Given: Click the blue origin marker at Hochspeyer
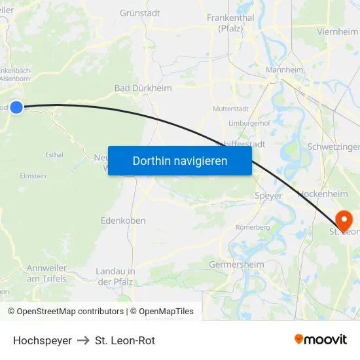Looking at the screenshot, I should pos(16,107).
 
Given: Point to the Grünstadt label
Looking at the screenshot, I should pos(140,12).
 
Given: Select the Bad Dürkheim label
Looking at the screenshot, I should pos(143,88).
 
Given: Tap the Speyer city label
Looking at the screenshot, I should pos(268,196).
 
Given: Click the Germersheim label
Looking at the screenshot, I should pos(236,264).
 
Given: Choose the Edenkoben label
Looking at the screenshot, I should pos(123,221).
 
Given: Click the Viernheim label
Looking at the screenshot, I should pos(337,31).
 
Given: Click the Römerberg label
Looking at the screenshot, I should pos(251,227).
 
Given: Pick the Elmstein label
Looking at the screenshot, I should pos(33,175).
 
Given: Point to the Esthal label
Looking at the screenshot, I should pos(54,155).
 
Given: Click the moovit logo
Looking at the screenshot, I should pos(320,339).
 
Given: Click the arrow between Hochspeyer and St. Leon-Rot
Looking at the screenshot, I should pos(83,340).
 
